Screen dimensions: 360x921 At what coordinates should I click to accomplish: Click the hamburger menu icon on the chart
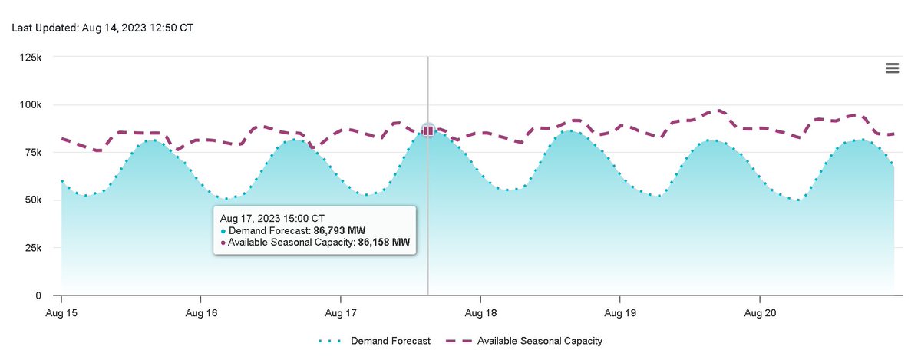(x=892, y=68)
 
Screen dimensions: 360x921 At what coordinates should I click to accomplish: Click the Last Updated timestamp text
(x=102, y=27)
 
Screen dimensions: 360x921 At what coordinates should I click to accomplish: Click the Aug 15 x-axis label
(x=61, y=313)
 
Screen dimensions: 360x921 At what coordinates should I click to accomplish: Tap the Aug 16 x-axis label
(x=201, y=313)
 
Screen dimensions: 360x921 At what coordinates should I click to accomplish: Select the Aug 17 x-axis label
(x=341, y=313)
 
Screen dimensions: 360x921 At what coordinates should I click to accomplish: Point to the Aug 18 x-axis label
(x=480, y=313)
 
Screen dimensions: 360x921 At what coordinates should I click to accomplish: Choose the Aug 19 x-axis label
(x=620, y=313)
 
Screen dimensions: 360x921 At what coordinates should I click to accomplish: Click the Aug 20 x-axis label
(x=760, y=313)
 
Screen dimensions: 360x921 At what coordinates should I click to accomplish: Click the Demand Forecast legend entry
(x=389, y=341)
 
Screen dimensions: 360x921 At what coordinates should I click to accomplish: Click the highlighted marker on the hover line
(x=428, y=130)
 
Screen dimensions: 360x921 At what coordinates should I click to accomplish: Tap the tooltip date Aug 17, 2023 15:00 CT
(x=272, y=218)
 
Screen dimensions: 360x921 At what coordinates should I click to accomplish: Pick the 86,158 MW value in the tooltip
(x=384, y=242)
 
